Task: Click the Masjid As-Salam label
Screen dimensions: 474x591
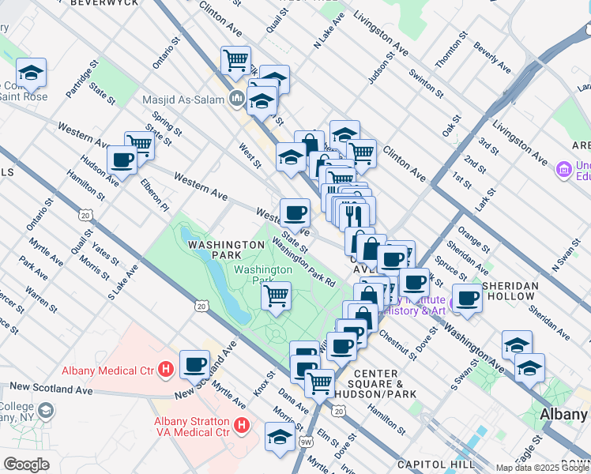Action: tap(183, 100)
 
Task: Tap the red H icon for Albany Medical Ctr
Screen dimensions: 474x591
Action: tap(165, 368)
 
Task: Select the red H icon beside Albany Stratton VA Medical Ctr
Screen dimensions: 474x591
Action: tap(243, 425)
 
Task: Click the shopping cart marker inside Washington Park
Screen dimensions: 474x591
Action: tap(276, 295)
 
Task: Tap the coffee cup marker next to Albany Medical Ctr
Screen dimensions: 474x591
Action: tap(194, 364)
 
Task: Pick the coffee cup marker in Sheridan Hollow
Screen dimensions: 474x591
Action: tap(468, 298)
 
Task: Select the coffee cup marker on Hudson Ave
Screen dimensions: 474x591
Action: tap(122, 160)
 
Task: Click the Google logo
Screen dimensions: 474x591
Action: tap(26, 465)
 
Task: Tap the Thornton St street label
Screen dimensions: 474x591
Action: tap(451, 55)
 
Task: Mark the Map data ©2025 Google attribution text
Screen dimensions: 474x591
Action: tap(542, 468)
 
